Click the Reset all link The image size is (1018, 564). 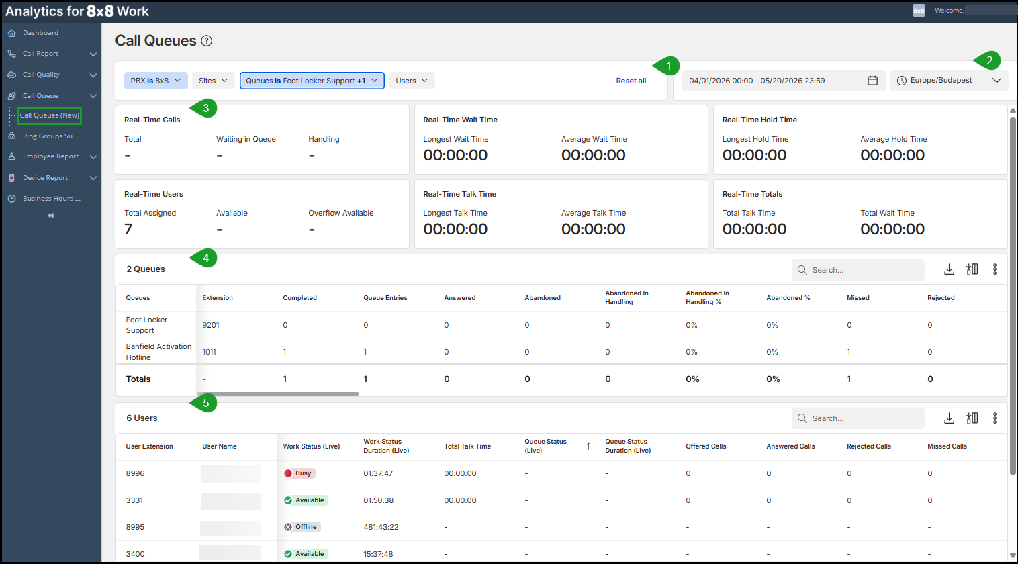click(631, 81)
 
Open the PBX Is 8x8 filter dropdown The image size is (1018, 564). click(155, 81)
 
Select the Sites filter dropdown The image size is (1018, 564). click(213, 81)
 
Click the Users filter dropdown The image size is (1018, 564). click(412, 81)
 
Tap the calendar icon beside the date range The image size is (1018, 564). click(872, 81)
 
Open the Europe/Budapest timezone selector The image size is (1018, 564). click(949, 81)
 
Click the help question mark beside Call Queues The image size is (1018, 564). click(206, 41)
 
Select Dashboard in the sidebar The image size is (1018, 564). click(40, 33)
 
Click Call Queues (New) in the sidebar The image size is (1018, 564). click(50, 115)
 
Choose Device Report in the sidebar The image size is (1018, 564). click(45, 178)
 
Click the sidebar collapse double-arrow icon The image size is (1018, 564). click(50, 216)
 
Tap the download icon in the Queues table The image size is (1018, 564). click(949, 269)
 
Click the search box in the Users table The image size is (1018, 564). click(858, 418)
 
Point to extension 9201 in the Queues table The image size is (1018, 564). click(211, 325)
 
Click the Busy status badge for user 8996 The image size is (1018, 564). click(299, 473)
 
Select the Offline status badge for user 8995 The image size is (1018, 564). click(302, 526)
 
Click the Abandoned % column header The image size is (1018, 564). click(788, 297)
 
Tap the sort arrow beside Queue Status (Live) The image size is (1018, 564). click(588, 446)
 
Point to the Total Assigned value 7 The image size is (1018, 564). click(128, 229)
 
